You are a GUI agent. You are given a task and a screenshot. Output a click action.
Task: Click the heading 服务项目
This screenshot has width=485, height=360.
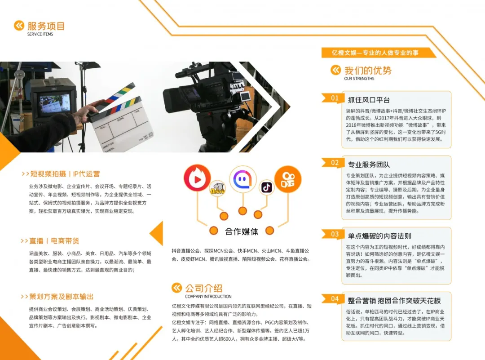46,26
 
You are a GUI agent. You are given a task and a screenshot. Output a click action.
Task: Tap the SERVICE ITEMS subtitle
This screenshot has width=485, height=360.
40,34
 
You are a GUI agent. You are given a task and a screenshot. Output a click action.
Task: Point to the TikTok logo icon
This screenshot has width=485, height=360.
267,187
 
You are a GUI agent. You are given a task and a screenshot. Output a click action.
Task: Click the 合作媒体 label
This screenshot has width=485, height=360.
242,231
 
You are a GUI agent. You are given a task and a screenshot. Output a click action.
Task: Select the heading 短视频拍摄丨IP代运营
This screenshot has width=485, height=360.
65,174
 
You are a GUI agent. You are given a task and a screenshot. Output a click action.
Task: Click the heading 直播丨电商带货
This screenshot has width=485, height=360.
54,241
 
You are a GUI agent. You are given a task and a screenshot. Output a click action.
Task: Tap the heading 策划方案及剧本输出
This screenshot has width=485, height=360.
62,297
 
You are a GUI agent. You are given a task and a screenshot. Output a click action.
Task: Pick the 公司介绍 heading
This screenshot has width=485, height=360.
203,288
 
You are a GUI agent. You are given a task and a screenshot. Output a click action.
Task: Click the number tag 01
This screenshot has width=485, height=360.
335,98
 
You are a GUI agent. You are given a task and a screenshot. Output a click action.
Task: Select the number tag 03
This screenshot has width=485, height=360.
335,234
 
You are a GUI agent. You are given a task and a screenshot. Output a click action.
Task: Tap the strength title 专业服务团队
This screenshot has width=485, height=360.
369,164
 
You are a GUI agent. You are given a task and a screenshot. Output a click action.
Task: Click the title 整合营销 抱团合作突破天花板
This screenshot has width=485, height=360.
394,301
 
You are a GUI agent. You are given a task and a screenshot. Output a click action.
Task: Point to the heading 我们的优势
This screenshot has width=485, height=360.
367,71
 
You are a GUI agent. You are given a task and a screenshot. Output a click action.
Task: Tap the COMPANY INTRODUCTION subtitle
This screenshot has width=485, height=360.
208,297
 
